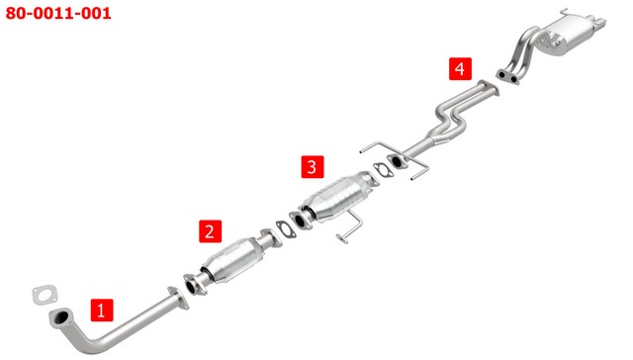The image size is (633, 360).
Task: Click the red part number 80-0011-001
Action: pyautogui.click(x=58, y=13)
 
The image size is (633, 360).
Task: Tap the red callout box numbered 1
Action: pyautogui.click(x=102, y=310)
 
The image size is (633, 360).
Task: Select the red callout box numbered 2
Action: pyautogui.click(x=210, y=231)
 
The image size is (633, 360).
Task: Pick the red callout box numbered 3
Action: pyautogui.click(x=313, y=166)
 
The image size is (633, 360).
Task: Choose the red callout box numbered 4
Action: pyautogui.click(x=460, y=69)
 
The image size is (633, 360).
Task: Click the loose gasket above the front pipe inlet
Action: pyautogui.click(x=45, y=294)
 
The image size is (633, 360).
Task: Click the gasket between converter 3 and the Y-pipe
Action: pyautogui.click(x=383, y=169)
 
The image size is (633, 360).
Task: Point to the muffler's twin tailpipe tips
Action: pyautogui.click(x=597, y=22)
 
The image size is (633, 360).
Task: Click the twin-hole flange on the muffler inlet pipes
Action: pyautogui.click(x=507, y=77)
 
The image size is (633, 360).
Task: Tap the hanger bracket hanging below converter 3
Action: pyautogui.click(x=349, y=226)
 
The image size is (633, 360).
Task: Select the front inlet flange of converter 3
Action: pyautogui.click(x=301, y=221)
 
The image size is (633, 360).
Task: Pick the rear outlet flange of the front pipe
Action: pyautogui.click(x=178, y=298)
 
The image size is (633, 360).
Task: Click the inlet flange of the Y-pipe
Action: pyautogui.click(x=398, y=161)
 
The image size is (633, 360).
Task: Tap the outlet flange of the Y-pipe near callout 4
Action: pyautogui.click(x=489, y=88)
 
